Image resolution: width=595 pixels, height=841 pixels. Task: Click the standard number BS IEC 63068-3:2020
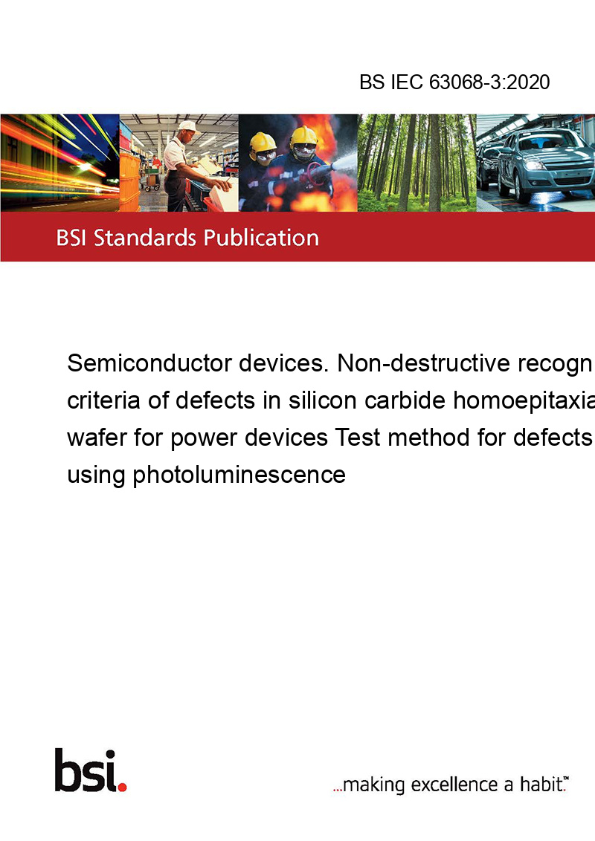point(454,82)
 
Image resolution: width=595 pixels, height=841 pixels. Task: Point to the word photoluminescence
point(239,475)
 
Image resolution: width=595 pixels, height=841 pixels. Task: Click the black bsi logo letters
point(86,770)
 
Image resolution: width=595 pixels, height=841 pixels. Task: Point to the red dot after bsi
point(123,787)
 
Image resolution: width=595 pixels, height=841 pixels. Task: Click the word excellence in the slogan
point(454,785)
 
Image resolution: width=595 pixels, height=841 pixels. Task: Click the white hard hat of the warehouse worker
point(188,126)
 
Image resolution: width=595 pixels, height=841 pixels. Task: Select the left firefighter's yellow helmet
point(263,142)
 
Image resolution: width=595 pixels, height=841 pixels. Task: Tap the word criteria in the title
point(103,400)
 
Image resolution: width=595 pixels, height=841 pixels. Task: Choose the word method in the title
point(428,438)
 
